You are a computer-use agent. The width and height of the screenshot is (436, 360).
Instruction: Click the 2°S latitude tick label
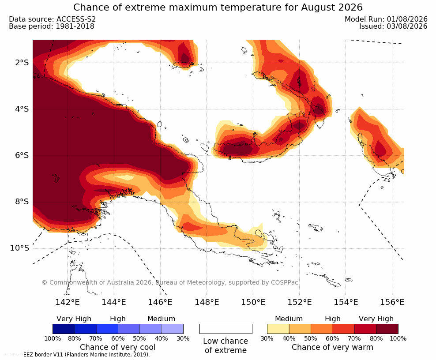coord(22,63)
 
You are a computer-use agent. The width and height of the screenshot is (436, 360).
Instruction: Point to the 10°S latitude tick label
coord(19,248)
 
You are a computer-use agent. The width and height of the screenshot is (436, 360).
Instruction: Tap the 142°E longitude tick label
coord(68,302)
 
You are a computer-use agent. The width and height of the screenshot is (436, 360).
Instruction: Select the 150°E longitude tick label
coord(253,302)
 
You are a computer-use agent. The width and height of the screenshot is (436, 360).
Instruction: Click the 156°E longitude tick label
coord(392,302)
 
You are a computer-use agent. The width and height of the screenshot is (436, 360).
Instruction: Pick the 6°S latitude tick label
coord(22,155)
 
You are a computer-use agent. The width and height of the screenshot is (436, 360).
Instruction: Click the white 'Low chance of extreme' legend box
coord(226,329)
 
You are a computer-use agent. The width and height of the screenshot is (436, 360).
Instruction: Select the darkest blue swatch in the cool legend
coord(64,329)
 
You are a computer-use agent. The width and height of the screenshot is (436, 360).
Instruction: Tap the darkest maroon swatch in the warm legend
coord(387,329)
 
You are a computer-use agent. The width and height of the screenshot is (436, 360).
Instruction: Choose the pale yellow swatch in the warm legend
coord(278,329)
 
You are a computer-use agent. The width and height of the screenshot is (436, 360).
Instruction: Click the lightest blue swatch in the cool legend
coord(173,329)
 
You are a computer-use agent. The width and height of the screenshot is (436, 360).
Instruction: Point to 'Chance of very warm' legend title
coord(332,347)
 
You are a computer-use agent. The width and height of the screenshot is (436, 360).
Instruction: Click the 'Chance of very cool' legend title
coord(118,347)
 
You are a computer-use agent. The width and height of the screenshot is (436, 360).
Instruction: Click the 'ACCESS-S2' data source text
coord(76,19)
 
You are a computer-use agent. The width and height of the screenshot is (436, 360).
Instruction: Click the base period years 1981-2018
coord(75,26)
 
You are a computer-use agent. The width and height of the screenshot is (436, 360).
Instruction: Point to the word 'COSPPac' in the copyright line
coord(285,282)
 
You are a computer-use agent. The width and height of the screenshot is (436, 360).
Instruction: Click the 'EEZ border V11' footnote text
coord(43,355)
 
